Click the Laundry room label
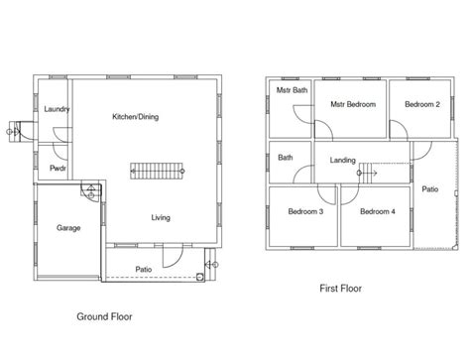coord(57,109)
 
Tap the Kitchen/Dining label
coord(136,117)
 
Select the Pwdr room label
coord(58,169)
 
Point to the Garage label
coord(68,228)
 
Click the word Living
coord(161,217)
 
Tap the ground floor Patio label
coord(144,270)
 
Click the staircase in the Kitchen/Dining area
coord(157,171)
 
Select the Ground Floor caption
coord(104,316)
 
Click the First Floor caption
coord(340,289)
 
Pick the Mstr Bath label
coord(292,90)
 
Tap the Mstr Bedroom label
coord(353,104)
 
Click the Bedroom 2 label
coord(422,104)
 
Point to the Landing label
coord(343,161)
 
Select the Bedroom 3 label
coord(305,211)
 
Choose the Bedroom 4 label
coord(378,211)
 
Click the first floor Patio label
coord(430,189)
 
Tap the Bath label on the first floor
coord(286,158)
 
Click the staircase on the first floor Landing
coord(368,173)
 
